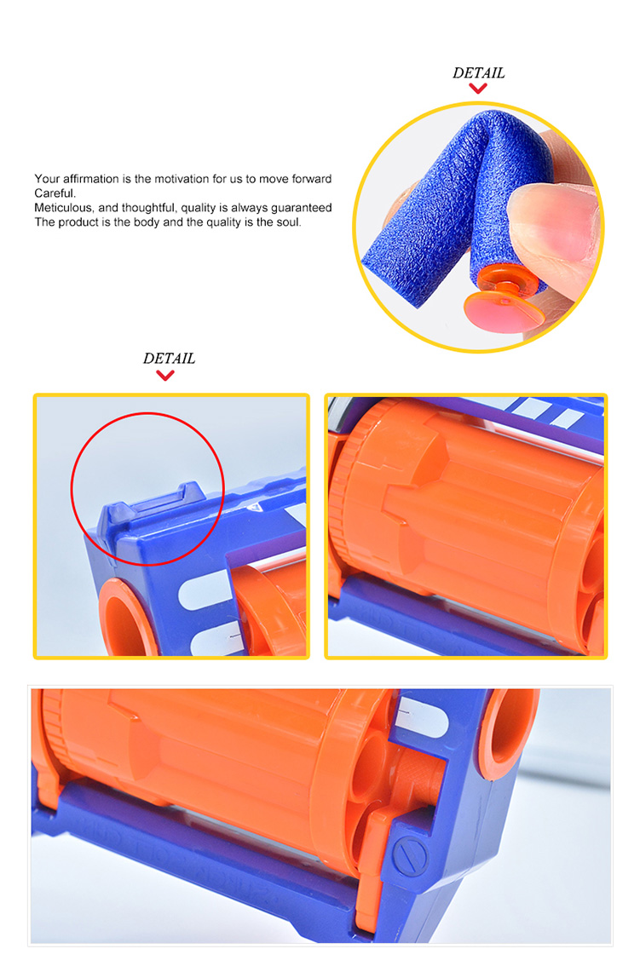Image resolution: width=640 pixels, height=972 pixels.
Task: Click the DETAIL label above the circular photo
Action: (478, 73)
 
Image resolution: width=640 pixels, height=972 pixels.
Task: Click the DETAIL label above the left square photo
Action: (169, 359)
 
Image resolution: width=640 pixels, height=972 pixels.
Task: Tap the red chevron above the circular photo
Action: (477, 89)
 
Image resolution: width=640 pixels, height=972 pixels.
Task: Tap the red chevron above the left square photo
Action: (165, 375)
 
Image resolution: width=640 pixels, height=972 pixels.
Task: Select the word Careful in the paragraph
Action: (55, 193)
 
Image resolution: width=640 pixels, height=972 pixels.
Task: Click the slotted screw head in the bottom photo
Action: (410, 857)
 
